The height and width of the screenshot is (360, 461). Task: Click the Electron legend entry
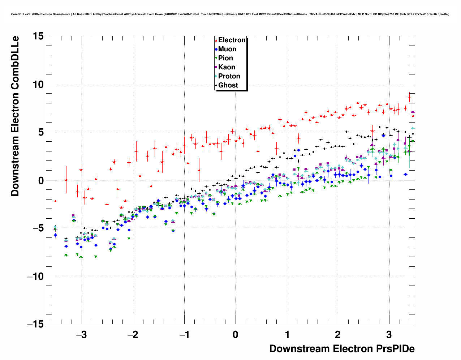(232, 40)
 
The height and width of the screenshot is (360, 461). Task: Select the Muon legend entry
(227, 49)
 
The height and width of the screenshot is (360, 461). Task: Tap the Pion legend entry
(225, 58)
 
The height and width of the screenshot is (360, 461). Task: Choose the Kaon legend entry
(227, 67)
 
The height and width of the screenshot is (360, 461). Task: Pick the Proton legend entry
(229, 76)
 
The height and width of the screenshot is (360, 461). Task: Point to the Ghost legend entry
(228, 85)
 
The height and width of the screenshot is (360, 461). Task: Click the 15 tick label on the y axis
(38, 36)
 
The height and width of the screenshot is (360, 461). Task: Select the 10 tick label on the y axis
(38, 84)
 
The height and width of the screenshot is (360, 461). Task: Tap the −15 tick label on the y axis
(35, 324)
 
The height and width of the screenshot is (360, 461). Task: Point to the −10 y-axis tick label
(35, 276)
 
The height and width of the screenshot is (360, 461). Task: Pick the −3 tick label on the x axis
(81, 335)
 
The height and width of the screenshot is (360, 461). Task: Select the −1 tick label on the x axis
(184, 335)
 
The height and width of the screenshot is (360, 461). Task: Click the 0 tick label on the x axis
(236, 335)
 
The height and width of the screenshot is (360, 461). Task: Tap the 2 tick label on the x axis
(337, 335)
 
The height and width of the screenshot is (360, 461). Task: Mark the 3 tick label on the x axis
(389, 335)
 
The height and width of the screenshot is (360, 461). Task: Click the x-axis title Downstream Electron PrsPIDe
(342, 349)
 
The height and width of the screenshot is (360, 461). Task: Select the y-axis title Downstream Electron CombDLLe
(15, 116)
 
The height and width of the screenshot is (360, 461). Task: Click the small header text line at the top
(230, 14)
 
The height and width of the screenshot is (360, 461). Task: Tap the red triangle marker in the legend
(216, 40)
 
